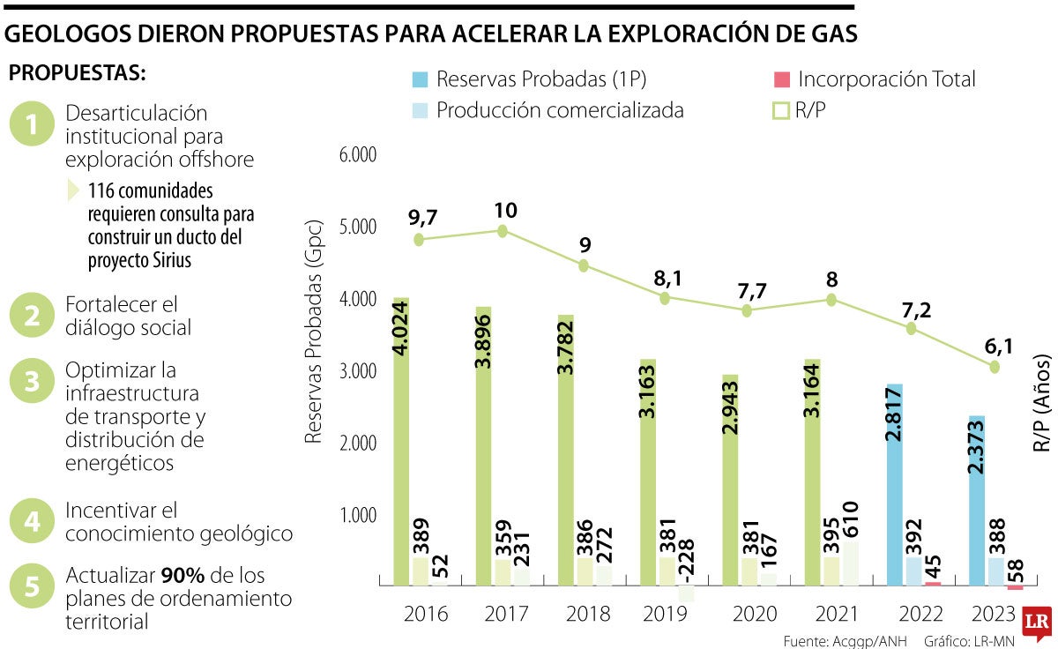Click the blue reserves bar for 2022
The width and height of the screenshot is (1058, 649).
[895, 485]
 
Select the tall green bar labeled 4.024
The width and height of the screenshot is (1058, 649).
[402, 441]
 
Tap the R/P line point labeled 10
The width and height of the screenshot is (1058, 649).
[503, 231]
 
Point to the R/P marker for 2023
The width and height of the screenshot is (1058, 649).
[995, 366]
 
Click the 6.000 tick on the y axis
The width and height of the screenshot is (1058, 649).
[357, 155]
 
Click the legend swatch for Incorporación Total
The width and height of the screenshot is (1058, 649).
[781, 79]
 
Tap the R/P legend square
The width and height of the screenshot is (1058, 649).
[781, 111]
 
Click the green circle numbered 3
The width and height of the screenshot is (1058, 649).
[32, 382]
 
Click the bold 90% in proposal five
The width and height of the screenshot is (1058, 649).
[183, 576]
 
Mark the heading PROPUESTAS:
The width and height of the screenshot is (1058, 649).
[78, 73]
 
